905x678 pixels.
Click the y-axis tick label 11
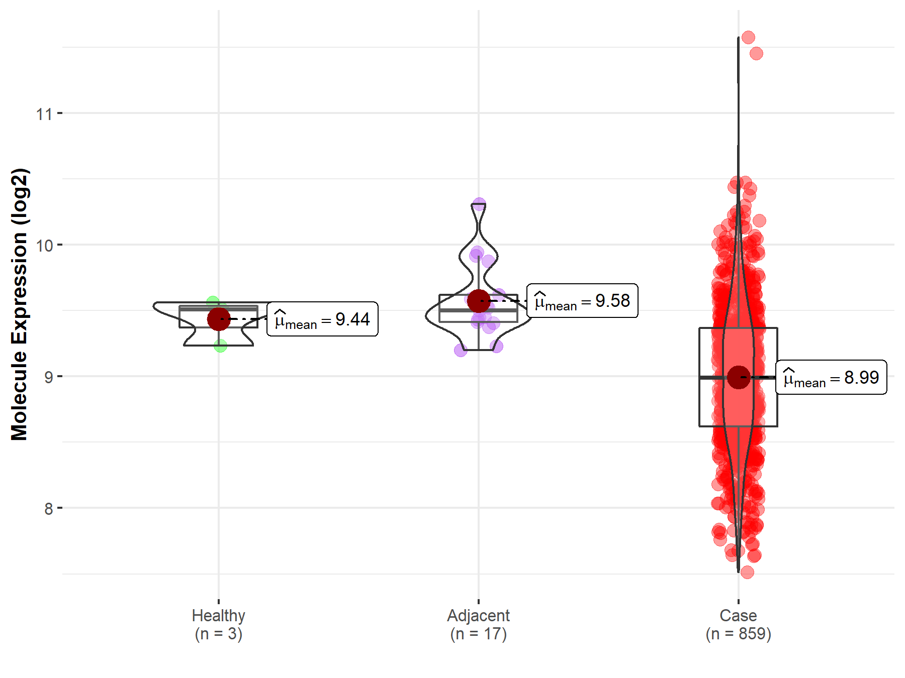click(x=44, y=114)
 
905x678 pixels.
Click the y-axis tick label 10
click(x=44, y=246)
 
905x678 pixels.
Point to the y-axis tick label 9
click(x=48, y=377)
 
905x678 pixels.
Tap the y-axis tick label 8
click(x=48, y=509)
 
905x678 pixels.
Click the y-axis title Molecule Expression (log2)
click(x=19, y=304)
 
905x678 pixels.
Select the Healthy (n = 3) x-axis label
click(x=219, y=624)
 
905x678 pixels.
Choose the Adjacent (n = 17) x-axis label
click(x=478, y=624)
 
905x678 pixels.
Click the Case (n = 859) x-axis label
click(x=738, y=624)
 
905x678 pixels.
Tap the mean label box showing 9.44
click(x=322, y=319)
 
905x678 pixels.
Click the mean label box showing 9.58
click(x=582, y=301)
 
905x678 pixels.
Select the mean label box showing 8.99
click(x=831, y=377)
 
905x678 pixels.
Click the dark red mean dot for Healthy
click(x=219, y=319)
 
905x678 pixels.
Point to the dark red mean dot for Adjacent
click(x=479, y=301)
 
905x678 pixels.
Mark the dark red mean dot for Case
click(x=739, y=377)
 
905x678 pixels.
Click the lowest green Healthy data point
click(x=220, y=346)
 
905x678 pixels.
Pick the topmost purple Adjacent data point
click(x=479, y=204)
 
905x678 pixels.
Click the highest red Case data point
click(x=748, y=38)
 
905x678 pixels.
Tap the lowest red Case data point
click(x=747, y=572)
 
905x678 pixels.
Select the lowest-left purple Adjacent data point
click(x=461, y=350)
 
